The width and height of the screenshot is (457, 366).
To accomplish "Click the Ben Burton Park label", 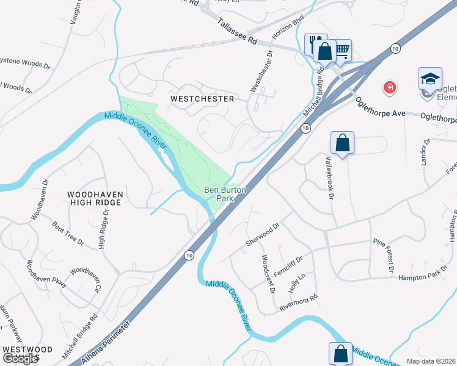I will [225, 194].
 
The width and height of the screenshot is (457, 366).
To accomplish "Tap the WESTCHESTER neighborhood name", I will [202, 98].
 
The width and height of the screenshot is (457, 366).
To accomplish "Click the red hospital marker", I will [389, 88].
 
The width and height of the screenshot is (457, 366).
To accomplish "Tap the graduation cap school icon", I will [430, 79].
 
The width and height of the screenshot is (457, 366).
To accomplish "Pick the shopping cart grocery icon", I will [342, 50].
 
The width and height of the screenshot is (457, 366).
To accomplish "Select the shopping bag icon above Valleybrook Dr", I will [343, 144].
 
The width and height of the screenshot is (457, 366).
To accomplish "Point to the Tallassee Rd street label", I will [237, 30].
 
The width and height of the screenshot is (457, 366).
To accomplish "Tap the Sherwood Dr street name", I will [263, 234].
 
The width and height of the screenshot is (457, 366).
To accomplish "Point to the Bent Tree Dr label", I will [68, 234].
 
